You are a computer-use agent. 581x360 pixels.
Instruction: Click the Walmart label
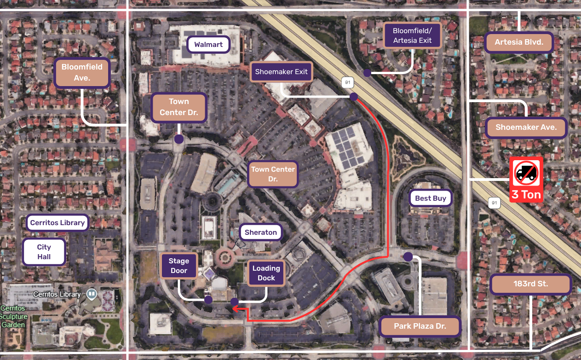[208, 45]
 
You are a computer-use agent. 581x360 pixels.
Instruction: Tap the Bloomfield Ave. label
[82, 73]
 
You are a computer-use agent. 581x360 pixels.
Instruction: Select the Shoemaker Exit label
[281, 72]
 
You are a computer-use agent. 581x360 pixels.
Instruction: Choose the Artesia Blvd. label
[519, 42]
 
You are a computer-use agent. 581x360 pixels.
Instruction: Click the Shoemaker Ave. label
[526, 128]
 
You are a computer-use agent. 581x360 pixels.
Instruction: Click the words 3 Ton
[526, 194]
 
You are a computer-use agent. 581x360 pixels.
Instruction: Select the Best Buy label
[431, 198]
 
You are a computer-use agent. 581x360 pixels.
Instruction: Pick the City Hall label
[44, 252]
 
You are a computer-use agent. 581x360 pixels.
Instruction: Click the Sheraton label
[261, 232]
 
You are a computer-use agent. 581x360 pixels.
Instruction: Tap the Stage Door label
[179, 266]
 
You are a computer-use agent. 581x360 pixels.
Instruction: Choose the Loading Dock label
[266, 273]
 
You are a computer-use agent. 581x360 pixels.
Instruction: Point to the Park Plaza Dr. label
[420, 326]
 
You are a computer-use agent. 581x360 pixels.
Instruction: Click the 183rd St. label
[530, 284]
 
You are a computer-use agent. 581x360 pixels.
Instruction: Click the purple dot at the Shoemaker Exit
[354, 97]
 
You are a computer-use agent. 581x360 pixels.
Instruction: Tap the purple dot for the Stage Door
[208, 300]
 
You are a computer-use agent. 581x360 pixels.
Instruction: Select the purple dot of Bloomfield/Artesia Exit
[367, 73]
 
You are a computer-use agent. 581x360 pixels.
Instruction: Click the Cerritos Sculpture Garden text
[14, 316]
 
